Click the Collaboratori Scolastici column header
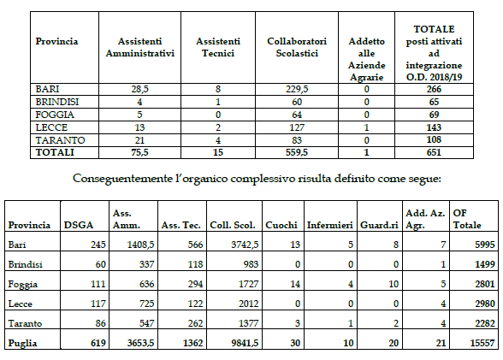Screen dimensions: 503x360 click(x=297, y=47)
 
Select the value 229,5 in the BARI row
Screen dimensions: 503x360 click(x=297, y=89)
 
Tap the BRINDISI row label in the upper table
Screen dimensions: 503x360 click(x=57, y=102)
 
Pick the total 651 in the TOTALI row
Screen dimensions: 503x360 click(x=434, y=152)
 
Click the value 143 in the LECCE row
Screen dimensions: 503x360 click(x=434, y=127)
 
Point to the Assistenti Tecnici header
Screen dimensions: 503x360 click(x=218, y=47)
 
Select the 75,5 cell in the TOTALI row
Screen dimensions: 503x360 click(x=139, y=152)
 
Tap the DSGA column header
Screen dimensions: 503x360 click(x=79, y=225)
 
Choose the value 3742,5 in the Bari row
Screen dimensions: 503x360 click(x=245, y=245)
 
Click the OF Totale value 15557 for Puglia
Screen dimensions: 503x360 click(x=482, y=343)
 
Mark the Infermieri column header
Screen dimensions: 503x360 click(x=330, y=225)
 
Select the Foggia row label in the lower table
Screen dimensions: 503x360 click(x=23, y=285)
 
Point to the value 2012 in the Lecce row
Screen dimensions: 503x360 click(x=248, y=304)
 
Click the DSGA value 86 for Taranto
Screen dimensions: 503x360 click(x=100, y=323)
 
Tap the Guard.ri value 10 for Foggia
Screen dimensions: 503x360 click(x=394, y=284)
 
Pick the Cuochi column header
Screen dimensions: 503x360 click(x=281, y=225)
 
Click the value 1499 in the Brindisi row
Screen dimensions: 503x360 click(x=485, y=264)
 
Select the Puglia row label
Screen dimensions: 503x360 click(x=22, y=344)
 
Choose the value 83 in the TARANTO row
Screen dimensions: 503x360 click(x=297, y=140)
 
